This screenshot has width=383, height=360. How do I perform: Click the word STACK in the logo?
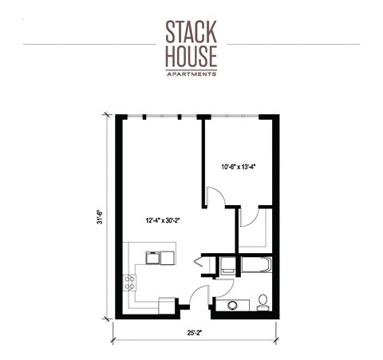click(x=191, y=31)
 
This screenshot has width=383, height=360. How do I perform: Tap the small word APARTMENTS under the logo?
click(x=191, y=73)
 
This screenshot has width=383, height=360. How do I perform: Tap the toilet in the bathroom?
click(x=263, y=303)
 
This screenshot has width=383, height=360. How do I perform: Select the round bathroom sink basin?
click(x=233, y=304)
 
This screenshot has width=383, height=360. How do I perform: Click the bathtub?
click(x=253, y=265)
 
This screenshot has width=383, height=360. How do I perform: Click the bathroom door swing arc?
click(x=223, y=287)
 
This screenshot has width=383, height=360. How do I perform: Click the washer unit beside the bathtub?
click(x=227, y=265)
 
